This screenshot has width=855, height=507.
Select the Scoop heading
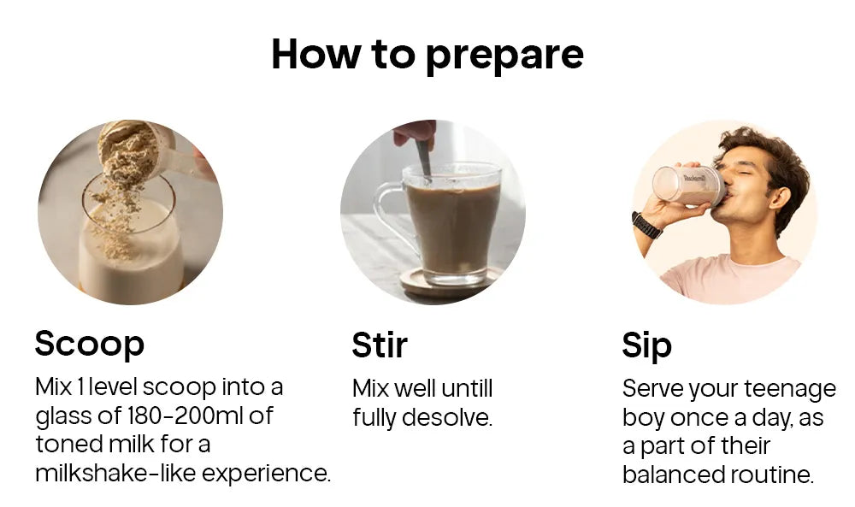pyautogui.click(x=90, y=344)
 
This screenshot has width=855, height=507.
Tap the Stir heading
pyautogui.click(x=380, y=345)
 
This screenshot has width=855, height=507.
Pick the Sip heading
pyautogui.click(x=646, y=346)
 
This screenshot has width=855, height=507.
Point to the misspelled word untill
pyautogui.click(x=467, y=389)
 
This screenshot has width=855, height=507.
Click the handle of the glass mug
pyautogui.click(x=392, y=216)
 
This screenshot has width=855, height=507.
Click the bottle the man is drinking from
pyautogui.click(x=688, y=186)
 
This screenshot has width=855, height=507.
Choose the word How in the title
pyautogui.click(x=316, y=54)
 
